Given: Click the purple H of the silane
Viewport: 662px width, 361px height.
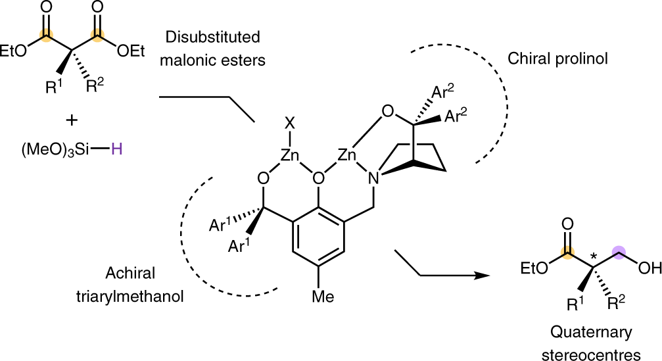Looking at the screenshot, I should click(x=116, y=150).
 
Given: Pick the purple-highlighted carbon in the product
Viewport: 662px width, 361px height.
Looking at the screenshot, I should click(x=618, y=250).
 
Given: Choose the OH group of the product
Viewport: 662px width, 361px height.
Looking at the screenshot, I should click(x=647, y=269).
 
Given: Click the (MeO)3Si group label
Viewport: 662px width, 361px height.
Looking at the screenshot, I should click(x=56, y=151).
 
